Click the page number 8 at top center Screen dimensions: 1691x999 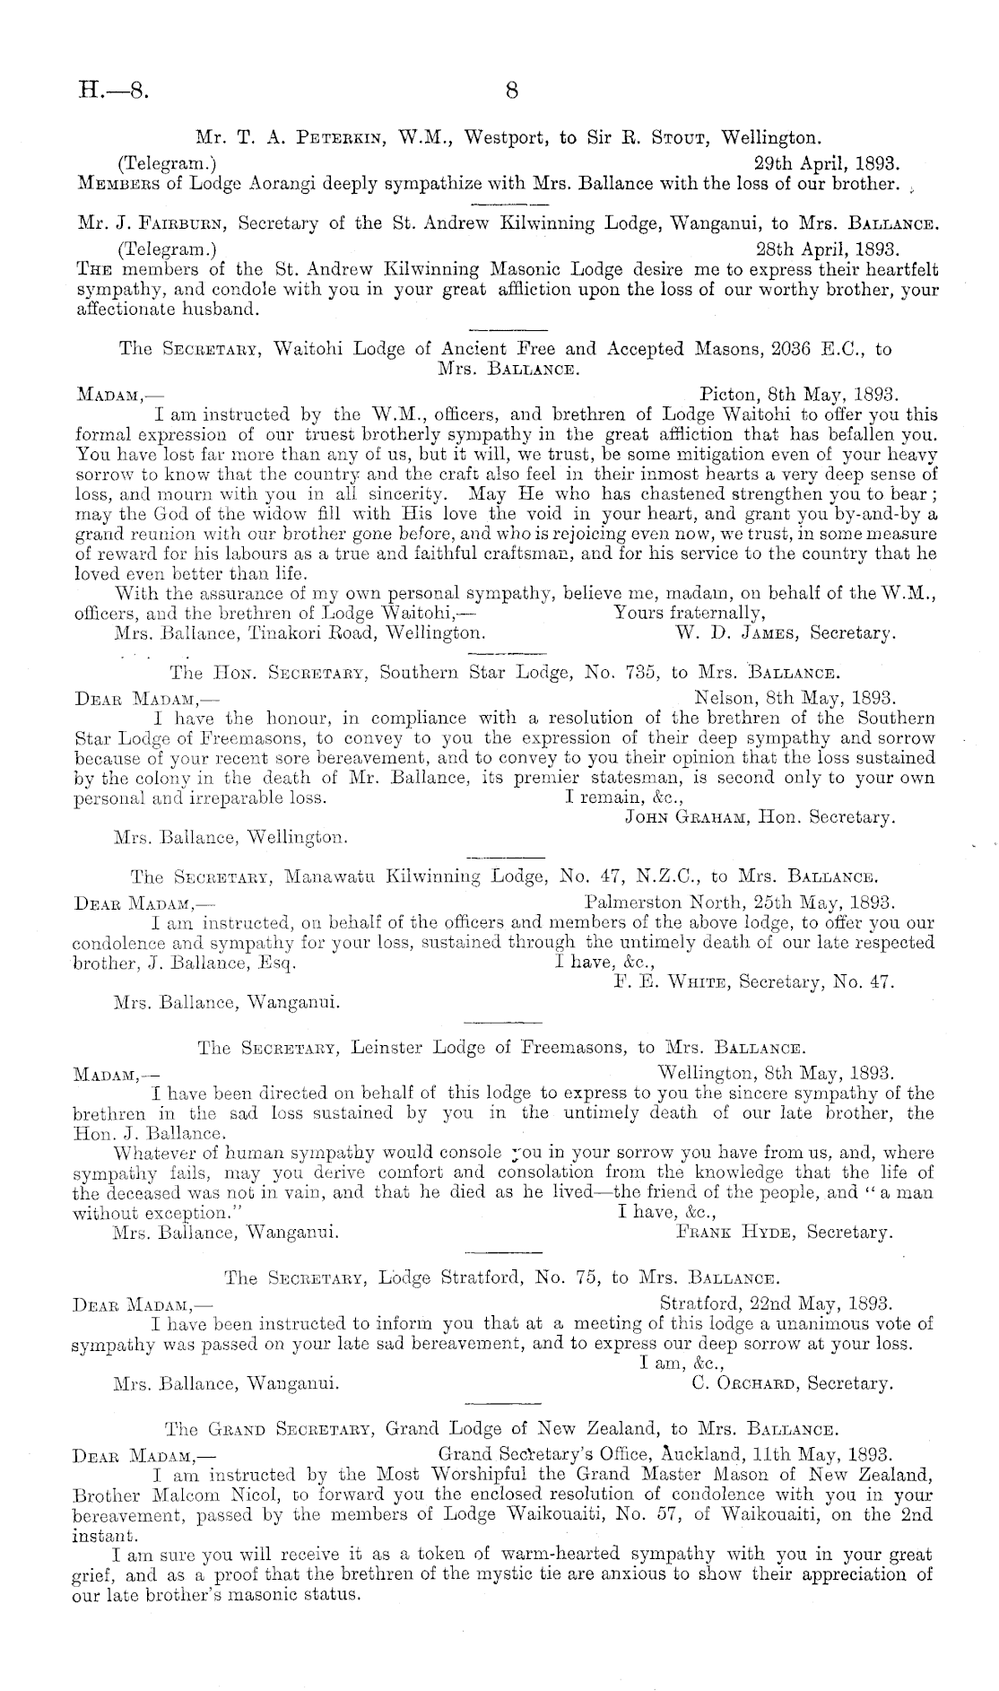(x=513, y=90)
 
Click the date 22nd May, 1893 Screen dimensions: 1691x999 (x=775, y=1302)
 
